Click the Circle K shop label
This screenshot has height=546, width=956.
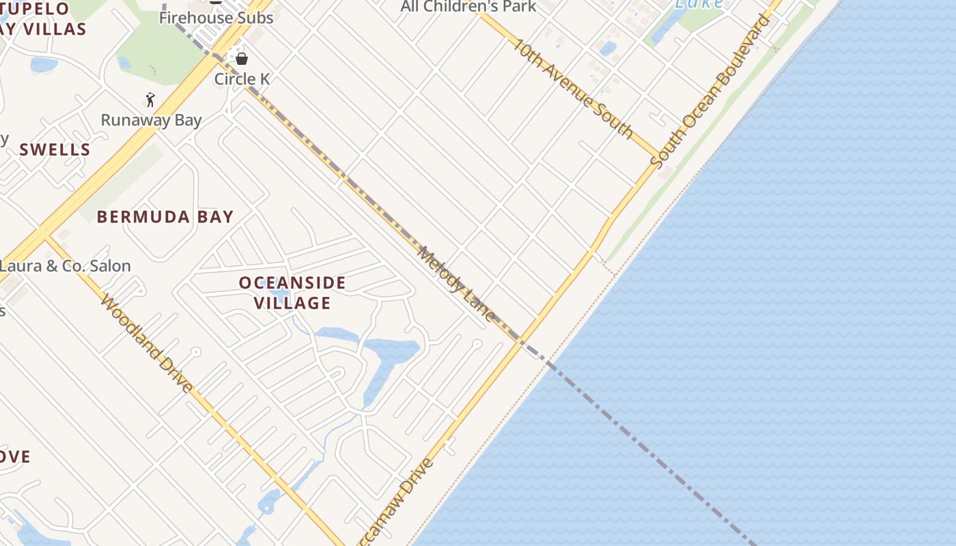tap(242, 79)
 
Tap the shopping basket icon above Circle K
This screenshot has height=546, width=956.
tap(241, 59)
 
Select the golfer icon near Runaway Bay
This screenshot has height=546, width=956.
tap(150, 100)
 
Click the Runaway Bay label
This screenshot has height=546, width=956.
tap(151, 121)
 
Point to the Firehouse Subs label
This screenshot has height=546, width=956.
tap(216, 18)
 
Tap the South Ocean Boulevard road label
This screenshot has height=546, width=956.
tap(710, 91)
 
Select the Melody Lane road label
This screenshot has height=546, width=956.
tap(456, 283)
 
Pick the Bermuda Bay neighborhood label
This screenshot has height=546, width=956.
tap(165, 217)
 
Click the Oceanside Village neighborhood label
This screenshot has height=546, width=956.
tap(292, 293)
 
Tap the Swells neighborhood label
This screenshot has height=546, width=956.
tap(55, 150)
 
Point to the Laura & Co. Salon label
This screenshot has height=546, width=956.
tap(66, 266)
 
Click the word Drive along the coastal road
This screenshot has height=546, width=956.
tap(414, 486)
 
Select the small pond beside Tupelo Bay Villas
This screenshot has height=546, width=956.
tap(43, 65)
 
